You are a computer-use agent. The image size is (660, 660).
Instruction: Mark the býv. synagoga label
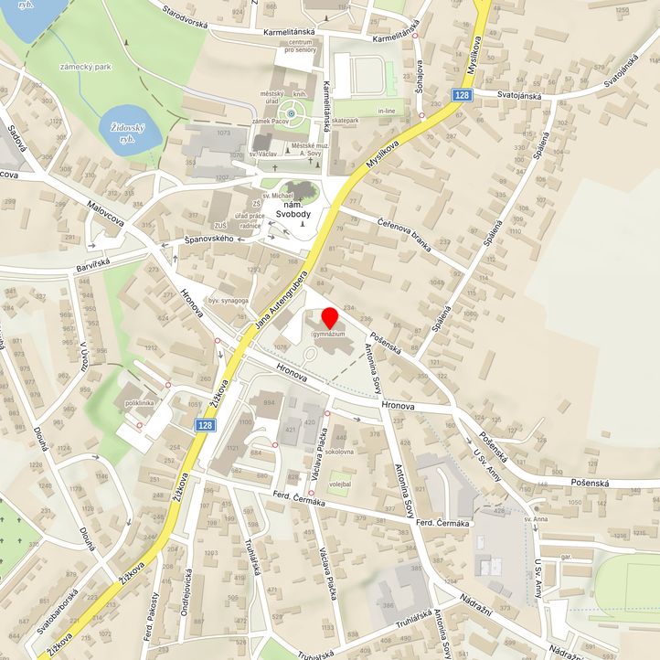pos(226,300)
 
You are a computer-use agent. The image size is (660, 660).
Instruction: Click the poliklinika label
pos(140,402)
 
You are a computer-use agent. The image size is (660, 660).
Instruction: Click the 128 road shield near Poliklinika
pos(206,425)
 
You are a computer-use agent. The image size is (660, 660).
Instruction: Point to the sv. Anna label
pos(536,518)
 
